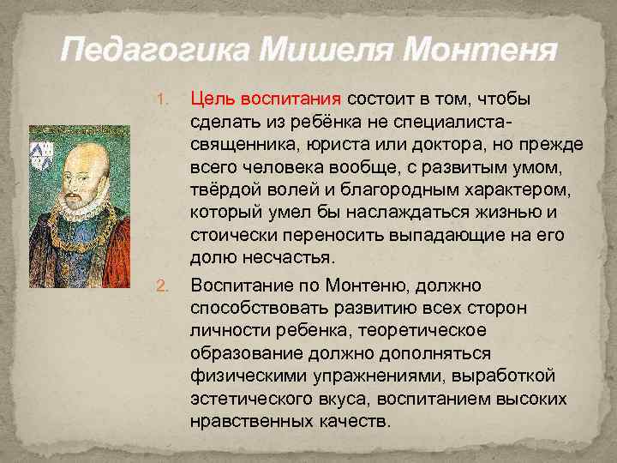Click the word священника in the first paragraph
click(x=241, y=144)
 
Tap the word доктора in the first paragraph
click(x=435, y=144)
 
